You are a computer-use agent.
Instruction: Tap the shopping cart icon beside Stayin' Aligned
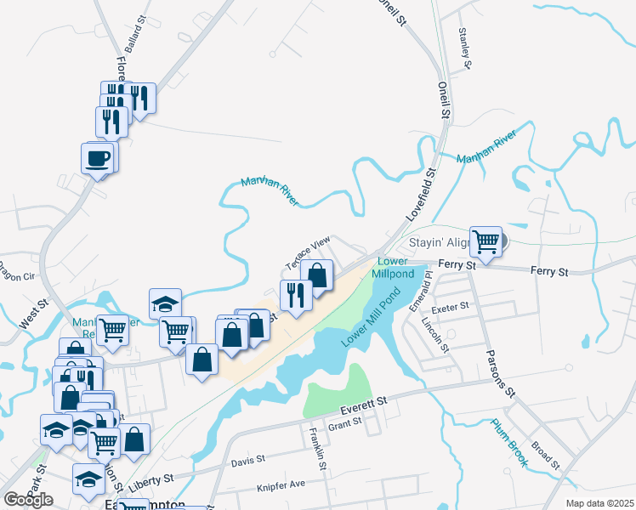[x=485, y=241]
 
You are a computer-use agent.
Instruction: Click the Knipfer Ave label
[x=281, y=485]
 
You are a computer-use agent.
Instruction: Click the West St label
[x=28, y=318]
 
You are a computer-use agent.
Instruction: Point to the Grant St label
[x=345, y=422]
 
